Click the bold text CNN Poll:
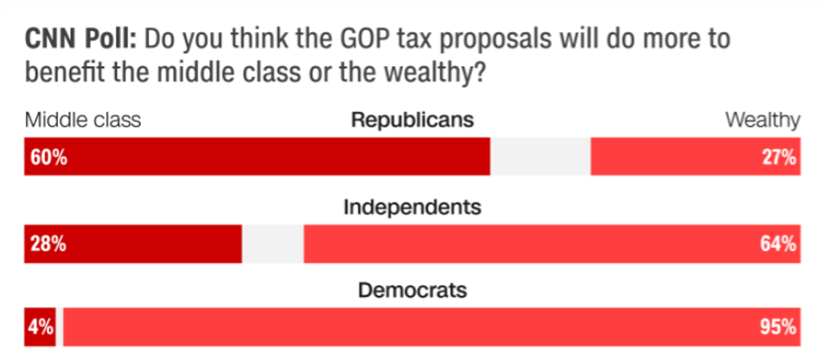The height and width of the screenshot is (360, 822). point(75,40)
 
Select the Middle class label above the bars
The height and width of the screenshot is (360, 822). point(81,120)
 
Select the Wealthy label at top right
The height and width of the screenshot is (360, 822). point(762,120)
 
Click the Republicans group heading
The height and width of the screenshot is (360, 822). point(412,120)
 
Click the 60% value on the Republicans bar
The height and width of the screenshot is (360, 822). point(49,158)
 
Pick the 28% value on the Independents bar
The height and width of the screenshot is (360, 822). point(49,244)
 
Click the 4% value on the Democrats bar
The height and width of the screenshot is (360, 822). point(40,327)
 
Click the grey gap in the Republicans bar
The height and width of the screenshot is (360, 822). point(540,158)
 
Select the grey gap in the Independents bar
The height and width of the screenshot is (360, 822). point(273,244)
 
